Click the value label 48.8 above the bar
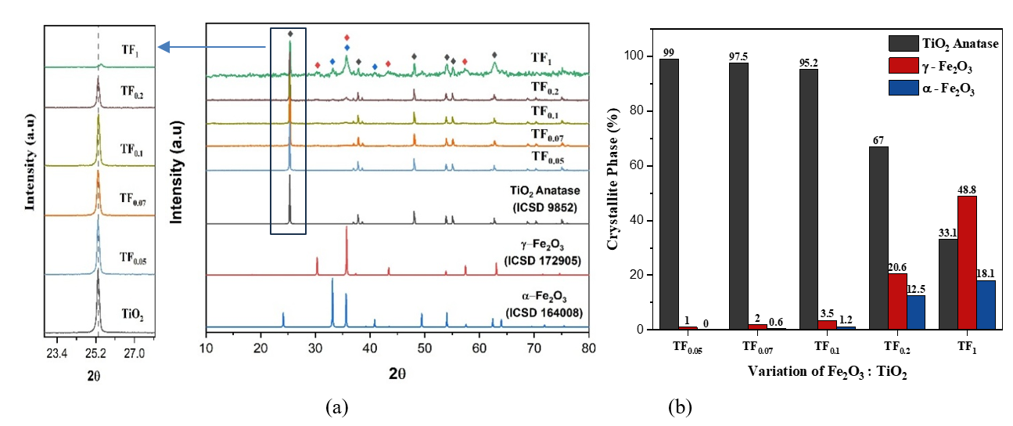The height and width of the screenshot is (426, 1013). (967, 189)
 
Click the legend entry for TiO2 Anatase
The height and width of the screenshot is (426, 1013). (939, 44)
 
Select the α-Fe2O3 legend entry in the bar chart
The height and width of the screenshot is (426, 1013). (939, 88)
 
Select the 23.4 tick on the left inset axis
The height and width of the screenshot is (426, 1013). (57, 353)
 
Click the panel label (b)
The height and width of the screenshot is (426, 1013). (680, 407)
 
